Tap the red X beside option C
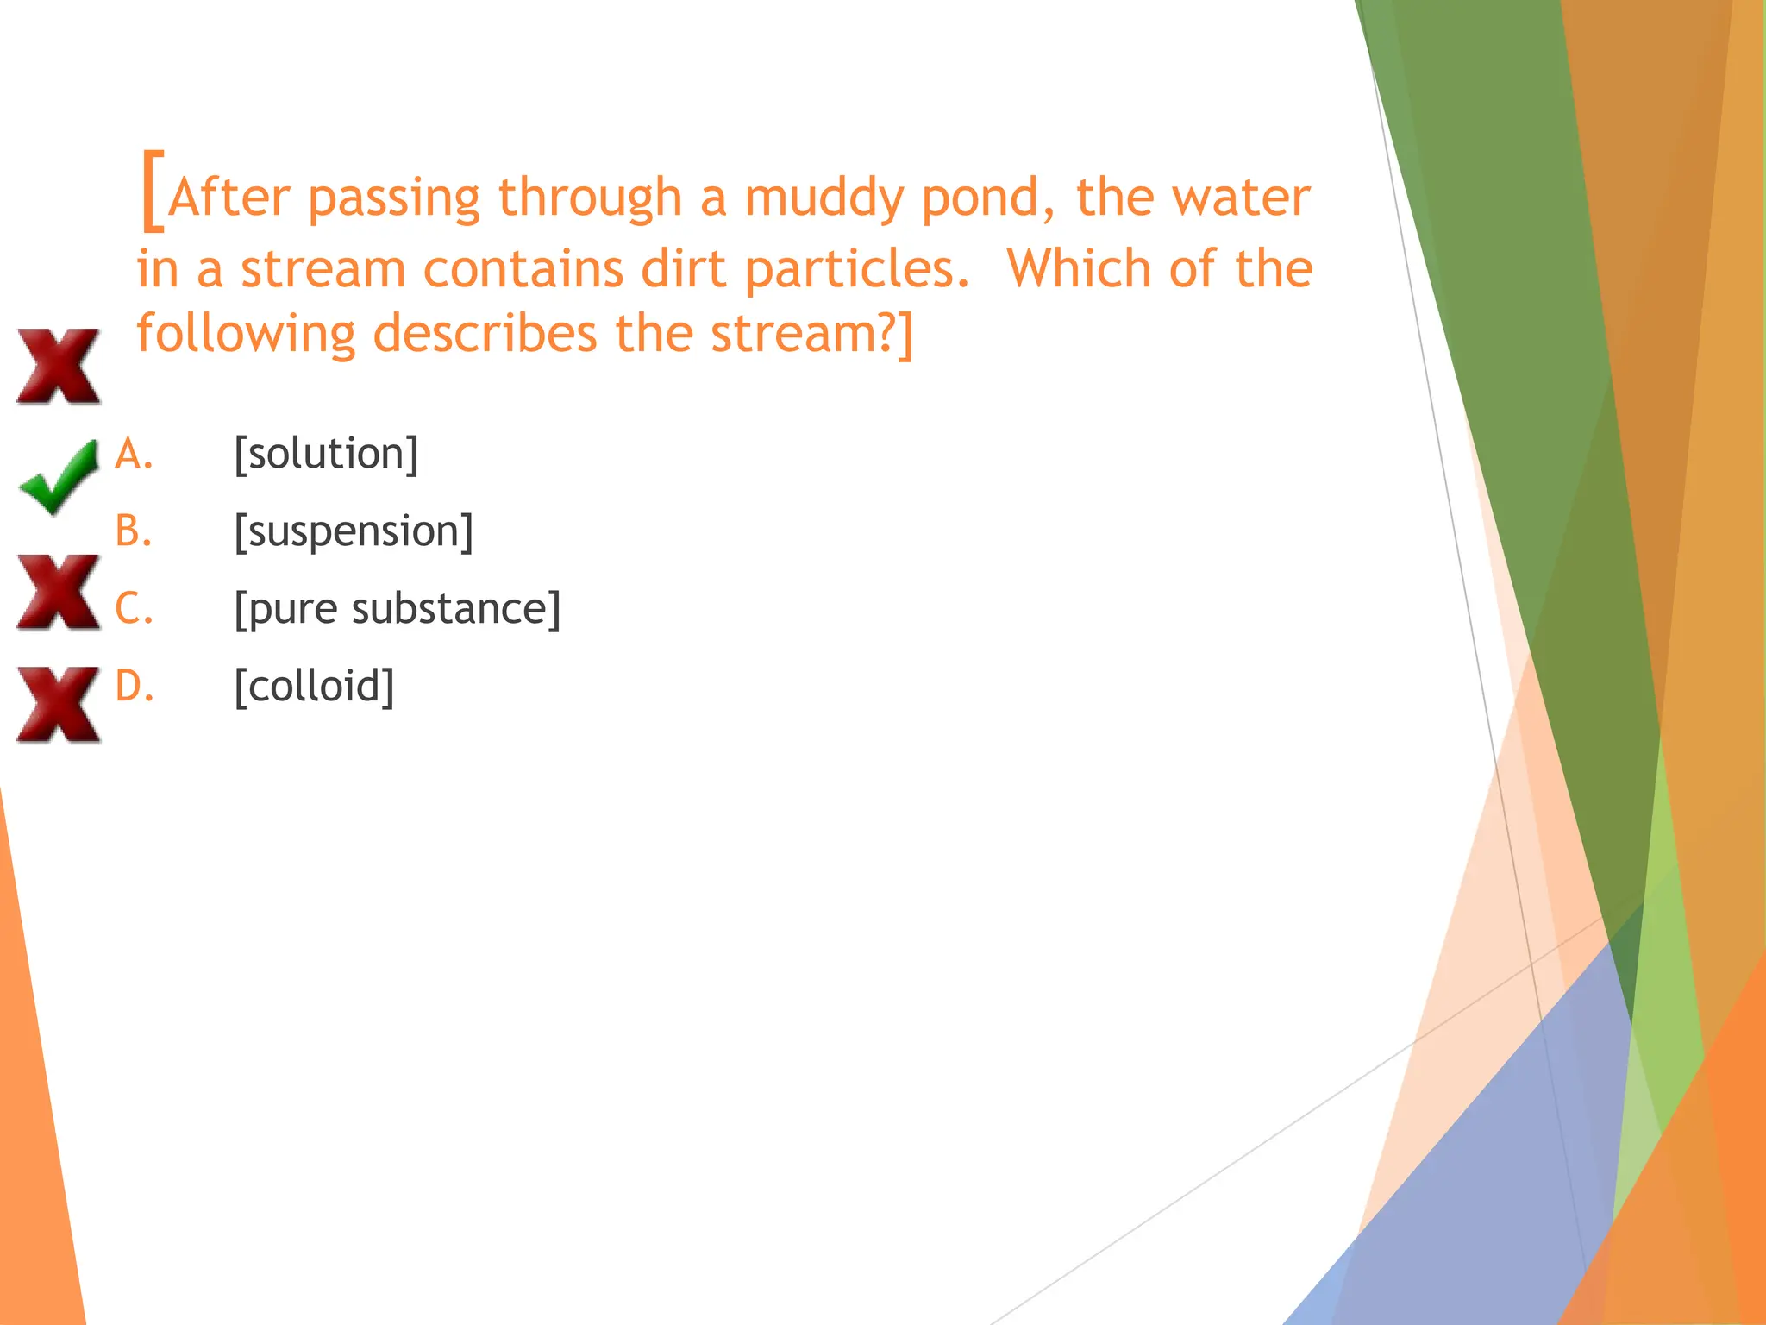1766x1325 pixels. (58, 592)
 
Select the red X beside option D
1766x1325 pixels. (58, 704)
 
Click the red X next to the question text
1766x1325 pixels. (58, 366)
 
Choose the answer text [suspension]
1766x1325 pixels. (354, 531)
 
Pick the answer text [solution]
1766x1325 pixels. (326, 454)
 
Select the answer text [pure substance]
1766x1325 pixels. (397, 609)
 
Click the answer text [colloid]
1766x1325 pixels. (314, 687)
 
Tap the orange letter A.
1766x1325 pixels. (133, 454)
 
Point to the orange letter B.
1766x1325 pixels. (133, 531)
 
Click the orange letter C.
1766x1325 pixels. (133, 609)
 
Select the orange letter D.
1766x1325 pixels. (134, 687)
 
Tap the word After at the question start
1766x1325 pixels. (229, 198)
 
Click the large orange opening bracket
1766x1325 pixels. (152, 190)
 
